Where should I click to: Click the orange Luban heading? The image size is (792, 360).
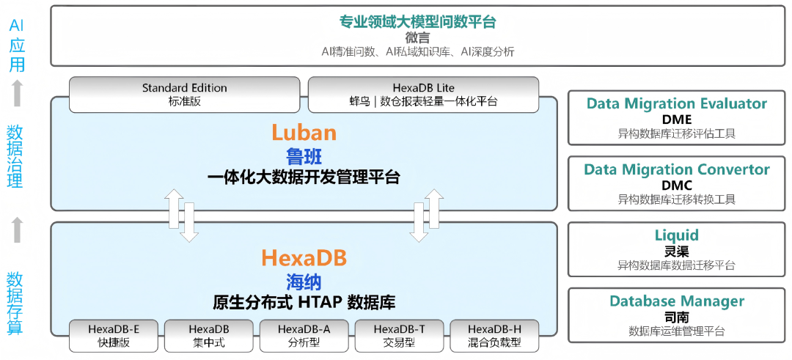coord(304,133)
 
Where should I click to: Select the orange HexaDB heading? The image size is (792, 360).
coord(304,258)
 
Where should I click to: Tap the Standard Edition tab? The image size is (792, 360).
coord(184,95)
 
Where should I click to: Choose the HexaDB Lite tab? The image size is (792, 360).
coord(423,95)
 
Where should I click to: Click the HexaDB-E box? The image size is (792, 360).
coord(114,335)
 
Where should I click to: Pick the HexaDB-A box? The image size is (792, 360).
coord(304,335)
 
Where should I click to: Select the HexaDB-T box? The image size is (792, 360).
coord(399,335)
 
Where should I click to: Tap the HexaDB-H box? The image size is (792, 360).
coord(494,335)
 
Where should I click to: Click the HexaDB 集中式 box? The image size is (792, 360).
coord(209,335)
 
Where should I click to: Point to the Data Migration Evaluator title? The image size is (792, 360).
coord(676,104)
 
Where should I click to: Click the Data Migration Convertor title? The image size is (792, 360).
coord(676,169)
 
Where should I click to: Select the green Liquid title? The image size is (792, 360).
coord(676,235)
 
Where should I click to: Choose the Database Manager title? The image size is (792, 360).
coord(676,301)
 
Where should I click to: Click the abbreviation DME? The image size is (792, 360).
coord(676,120)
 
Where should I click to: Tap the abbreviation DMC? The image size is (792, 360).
coord(676,185)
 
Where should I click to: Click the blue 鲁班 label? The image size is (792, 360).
coord(304,156)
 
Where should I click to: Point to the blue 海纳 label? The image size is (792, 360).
coord(304,282)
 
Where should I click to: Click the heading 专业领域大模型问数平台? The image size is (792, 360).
coord(418,22)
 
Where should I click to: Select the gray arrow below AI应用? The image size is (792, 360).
coord(18,93)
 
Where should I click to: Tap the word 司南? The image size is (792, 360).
coord(676,316)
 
